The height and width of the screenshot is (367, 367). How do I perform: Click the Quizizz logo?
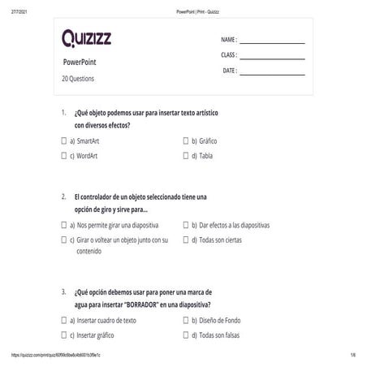pos(90,38)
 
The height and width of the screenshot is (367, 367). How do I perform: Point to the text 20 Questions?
pos(78,79)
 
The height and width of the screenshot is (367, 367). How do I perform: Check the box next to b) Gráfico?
pos(186,140)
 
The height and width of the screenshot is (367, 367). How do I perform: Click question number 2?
pos(63,196)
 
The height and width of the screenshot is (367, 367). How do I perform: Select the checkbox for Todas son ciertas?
pos(186,240)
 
